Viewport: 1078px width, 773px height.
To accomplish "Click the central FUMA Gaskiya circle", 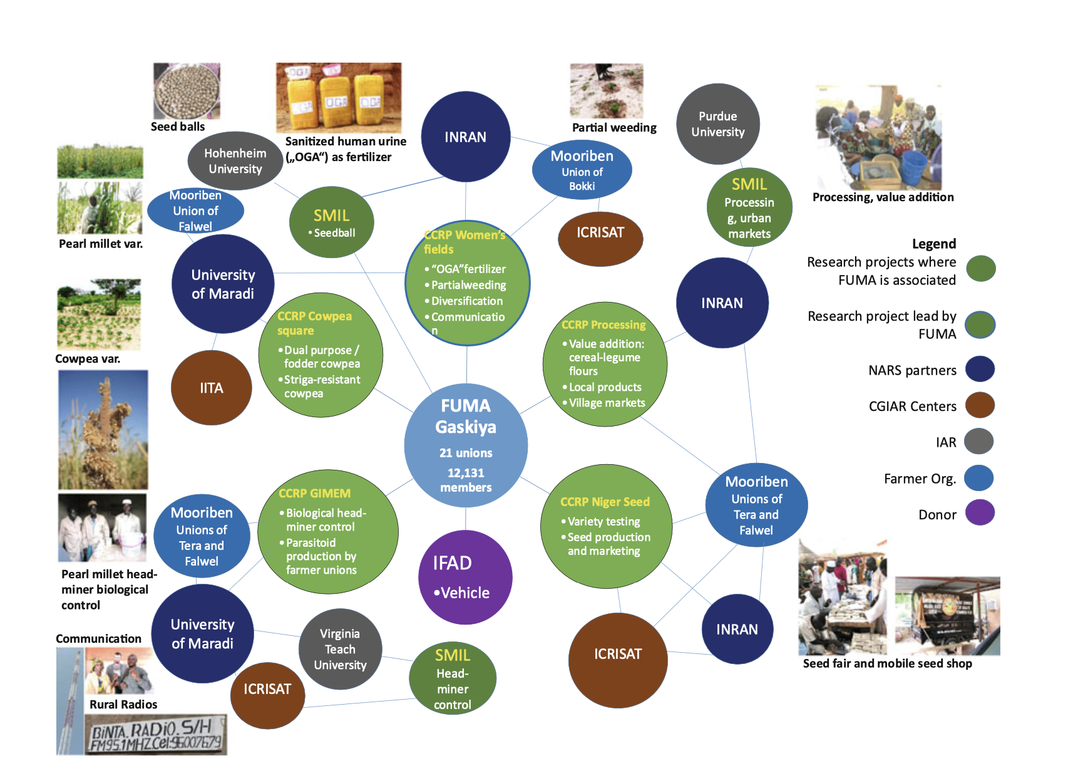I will pos(466,445).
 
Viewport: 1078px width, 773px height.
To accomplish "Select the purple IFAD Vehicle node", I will pos(465,577).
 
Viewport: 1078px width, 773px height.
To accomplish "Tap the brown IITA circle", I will pos(212,388).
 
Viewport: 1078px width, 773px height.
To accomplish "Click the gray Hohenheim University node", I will pos(235,161).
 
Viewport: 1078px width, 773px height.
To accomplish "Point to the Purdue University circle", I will pos(718,124).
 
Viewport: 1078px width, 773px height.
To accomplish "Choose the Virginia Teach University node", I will pos(340,649).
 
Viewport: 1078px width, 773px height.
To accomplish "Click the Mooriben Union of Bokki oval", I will pos(582,170).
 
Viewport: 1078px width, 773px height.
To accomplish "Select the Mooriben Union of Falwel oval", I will pos(195,210).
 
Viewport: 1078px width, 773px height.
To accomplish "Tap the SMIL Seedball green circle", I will pos(332,222).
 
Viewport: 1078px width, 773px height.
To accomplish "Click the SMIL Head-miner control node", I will pos(453,679).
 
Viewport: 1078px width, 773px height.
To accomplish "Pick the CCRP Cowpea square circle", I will pos(321,355).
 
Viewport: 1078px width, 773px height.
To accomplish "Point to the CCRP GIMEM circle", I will pos(328,532).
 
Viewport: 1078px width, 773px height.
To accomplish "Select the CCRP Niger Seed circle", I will pos(606,526).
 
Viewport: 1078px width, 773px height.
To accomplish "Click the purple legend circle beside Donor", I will pos(980,513).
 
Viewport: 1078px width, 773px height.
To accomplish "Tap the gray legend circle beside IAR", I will pos(979,442).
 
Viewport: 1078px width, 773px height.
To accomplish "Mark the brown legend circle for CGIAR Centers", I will pos(980,405).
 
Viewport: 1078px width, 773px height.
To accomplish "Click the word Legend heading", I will pos(933,244).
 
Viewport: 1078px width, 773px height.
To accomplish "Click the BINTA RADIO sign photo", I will pos(156,735).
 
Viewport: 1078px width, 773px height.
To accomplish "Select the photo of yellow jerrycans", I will pos(339,97).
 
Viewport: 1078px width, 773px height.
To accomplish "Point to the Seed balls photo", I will pos(187,91).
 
